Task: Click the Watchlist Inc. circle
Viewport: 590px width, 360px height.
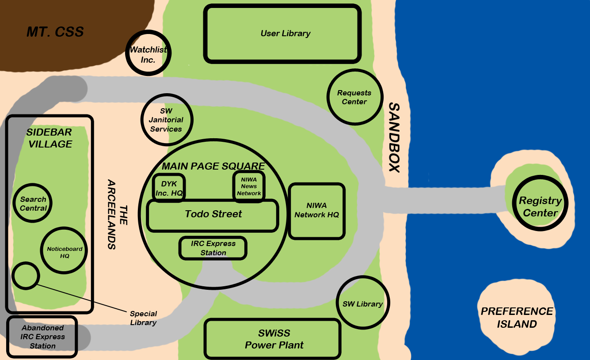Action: click(x=148, y=53)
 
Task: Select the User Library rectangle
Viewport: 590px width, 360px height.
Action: click(x=282, y=34)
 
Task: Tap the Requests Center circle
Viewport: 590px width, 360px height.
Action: click(x=354, y=97)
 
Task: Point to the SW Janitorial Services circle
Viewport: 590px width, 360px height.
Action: click(x=166, y=120)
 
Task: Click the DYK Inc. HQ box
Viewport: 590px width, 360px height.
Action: click(x=169, y=188)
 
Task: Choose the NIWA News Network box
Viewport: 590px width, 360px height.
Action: click(x=249, y=186)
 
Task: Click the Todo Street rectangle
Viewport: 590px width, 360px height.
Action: click(x=213, y=215)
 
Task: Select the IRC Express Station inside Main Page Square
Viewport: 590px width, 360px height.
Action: click(x=213, y=248)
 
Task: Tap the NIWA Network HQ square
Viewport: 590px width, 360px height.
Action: click(x=316, y=211)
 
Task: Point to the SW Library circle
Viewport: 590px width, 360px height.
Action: click(x=363, y=303)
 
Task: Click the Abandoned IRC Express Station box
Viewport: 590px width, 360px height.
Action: click(x=42, y=337)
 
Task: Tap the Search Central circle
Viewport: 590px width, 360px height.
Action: click(x=33, y=204)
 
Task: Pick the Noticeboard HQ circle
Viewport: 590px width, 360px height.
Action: click(x=65, y=251)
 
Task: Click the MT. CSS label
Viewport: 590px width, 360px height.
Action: click(x=55, y=32)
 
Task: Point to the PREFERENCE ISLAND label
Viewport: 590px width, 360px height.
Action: click(x=517, y=318)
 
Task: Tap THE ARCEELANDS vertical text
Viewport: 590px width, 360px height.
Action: click(x=116, y=214)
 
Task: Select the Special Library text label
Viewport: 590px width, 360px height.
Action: click(x=143, y=318)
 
